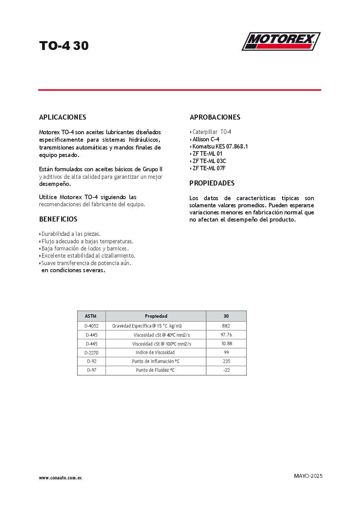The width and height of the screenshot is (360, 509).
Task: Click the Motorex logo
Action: pos(281,41)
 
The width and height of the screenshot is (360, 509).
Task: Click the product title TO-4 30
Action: pos(64,46)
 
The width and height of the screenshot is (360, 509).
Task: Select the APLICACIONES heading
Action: pos(62,117)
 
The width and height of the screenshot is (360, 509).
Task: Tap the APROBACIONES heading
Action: pos(215,117)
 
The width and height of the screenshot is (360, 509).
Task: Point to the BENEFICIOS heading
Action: pos(58,219)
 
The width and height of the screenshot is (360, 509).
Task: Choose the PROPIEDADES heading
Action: pos(212,183)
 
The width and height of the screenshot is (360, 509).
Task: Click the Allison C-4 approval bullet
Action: pos(205,139)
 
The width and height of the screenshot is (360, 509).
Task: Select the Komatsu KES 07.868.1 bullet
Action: pos(220,146)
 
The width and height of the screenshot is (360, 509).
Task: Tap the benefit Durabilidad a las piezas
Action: pos(71,234)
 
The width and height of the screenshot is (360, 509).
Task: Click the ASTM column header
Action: pos(91,316)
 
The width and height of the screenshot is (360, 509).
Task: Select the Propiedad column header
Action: pos(156,316)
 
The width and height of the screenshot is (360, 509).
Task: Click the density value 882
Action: pos(226,326)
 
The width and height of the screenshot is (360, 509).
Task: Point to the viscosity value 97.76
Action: pos(226,335)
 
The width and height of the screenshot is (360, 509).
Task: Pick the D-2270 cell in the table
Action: pos(91,353)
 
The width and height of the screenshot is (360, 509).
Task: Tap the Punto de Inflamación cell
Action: pos(156,361)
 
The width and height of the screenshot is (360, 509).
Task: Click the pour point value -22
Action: pos(227,370)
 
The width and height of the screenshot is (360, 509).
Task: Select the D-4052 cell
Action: pos(91,326)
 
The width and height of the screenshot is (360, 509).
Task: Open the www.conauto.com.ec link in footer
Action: pos(60,478)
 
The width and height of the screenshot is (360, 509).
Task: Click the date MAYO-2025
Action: pos(308,476)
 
